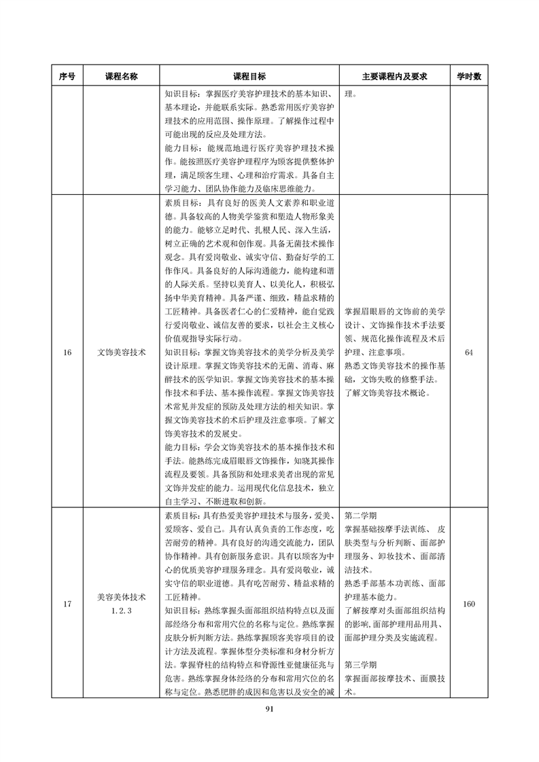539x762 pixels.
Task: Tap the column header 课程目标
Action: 250,76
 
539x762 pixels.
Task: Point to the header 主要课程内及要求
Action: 394,76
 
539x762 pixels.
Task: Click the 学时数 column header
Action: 468,76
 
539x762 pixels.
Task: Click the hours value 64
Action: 468,352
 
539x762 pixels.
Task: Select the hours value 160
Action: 468,604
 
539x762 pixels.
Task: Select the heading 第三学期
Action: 361,664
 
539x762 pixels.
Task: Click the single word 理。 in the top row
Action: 350,93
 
